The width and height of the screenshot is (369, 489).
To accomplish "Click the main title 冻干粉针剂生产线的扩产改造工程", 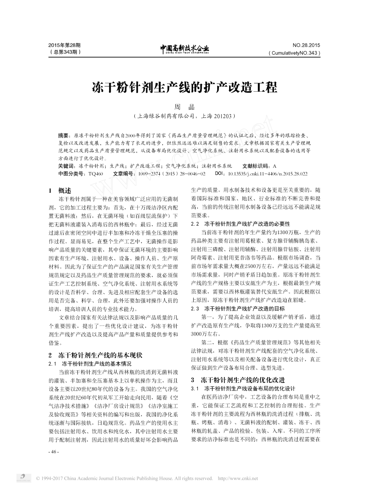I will click(x=184, y=87).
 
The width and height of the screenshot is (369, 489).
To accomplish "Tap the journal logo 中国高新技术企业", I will click(x=184, y=48).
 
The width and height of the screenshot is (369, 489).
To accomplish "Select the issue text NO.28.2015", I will click(x=306, y=45).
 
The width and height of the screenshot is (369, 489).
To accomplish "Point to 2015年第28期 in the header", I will click(x=65, y=45).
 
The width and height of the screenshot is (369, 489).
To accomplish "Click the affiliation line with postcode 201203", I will click(x=184, y=116).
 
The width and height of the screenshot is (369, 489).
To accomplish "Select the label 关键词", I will click(x=67, y=166).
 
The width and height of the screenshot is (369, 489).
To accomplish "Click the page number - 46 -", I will click(x=54, y=452).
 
